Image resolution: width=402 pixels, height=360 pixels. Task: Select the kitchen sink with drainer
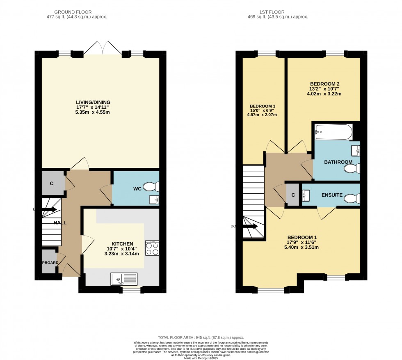(123, 279)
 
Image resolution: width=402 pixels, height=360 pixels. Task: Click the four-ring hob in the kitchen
(152, 248)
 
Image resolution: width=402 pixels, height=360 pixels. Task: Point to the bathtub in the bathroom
(333, 132)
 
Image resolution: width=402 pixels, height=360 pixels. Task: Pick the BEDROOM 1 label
(301, 237)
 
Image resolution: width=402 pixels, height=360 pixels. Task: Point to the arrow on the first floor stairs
(250, 226)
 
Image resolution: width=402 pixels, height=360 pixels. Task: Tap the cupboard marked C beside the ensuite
(293, 195)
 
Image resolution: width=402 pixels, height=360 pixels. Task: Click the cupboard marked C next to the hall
(52, 183)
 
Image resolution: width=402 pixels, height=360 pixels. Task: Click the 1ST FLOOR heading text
(280, 12)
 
